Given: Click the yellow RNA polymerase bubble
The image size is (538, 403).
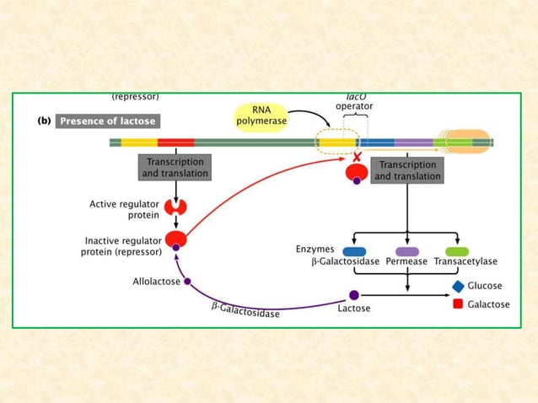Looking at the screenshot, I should [x=261, y=116].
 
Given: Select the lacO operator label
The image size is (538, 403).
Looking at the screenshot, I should [x=354, y=102].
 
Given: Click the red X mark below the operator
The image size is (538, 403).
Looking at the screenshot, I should [x=357, y=158].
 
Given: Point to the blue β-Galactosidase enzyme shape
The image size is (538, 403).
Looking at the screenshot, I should [x=354, y=250].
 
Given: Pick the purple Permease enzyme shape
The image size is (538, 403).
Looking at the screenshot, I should [x=406, y=250].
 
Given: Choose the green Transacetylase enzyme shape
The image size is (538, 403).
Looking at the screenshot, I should [x=456, y=250].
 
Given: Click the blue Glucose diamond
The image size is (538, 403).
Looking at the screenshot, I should [x=458, y=287].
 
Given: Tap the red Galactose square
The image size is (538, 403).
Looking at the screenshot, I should [x=458, y=304].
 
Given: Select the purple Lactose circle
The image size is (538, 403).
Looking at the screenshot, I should [x=354, y=295].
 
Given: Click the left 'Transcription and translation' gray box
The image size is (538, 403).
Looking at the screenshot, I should [x=175, y=167].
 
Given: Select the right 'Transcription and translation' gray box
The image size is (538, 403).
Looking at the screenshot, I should [x=407, y=170].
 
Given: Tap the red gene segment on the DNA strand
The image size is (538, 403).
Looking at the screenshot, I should [x=175, y=142].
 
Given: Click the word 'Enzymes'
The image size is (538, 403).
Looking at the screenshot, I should [x=315, y=250].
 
